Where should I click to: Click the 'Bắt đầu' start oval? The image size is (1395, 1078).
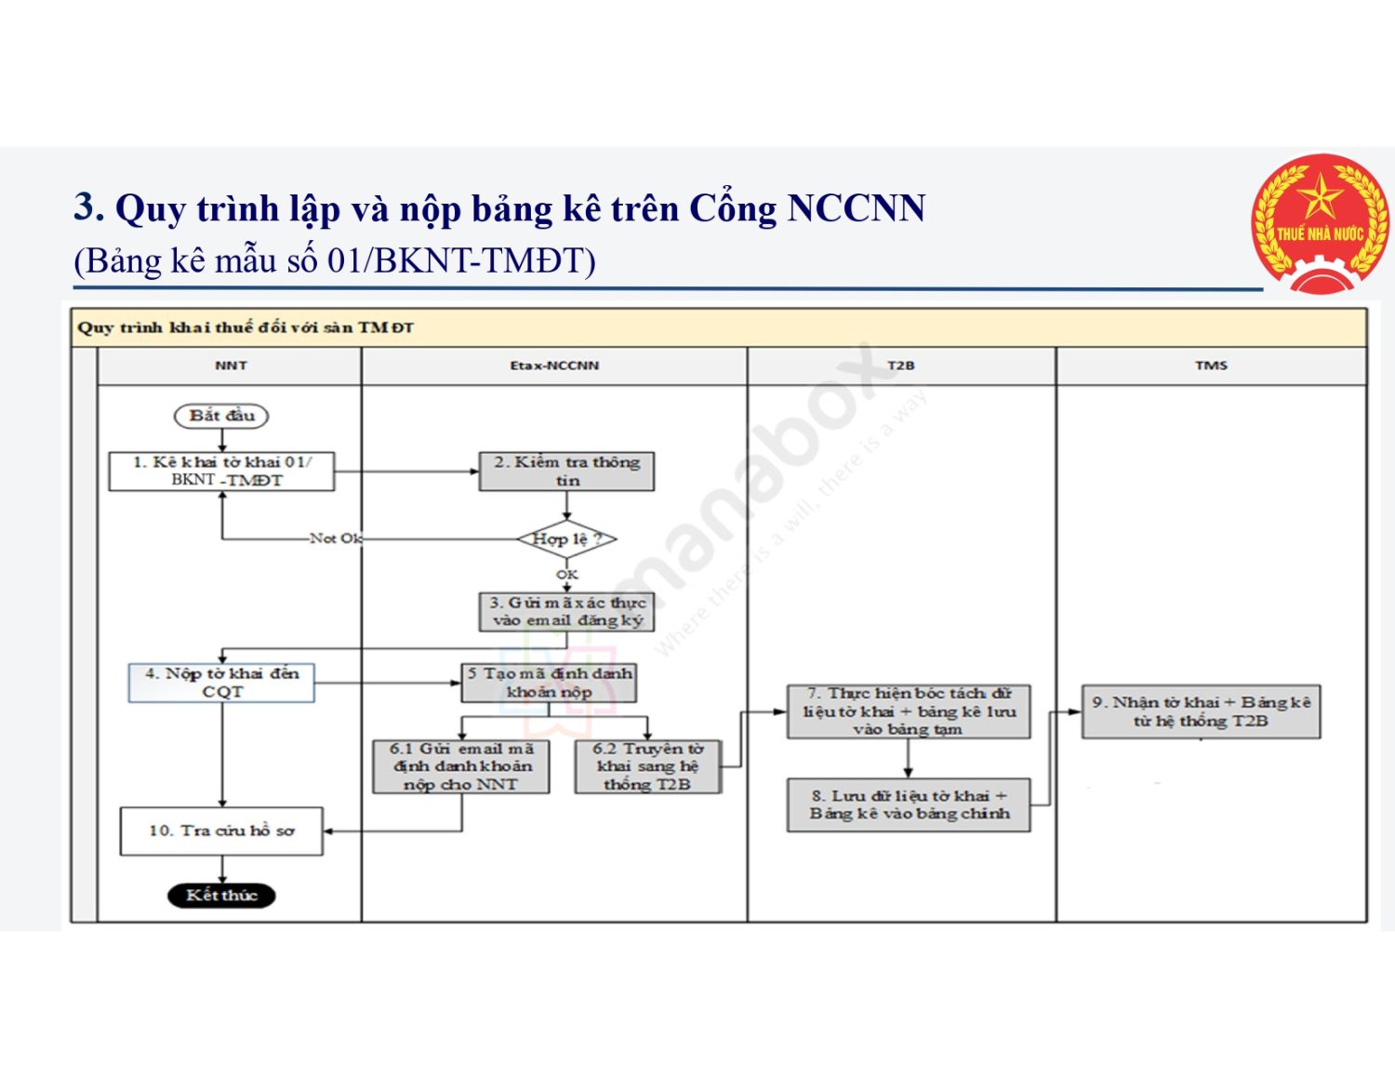pos(221,416)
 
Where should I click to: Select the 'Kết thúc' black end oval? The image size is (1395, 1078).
pos(221,895)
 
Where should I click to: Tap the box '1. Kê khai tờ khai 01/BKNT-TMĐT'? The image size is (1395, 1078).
pos(221,472)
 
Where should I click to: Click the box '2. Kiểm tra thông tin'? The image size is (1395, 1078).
pos(566,472)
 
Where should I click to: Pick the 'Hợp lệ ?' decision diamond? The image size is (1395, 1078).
pos(566,539)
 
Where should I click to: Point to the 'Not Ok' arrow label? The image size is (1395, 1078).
pos(336,539)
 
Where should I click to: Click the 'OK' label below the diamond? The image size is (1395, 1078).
pos(566,575)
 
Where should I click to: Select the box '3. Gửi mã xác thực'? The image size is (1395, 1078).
pos(566,611)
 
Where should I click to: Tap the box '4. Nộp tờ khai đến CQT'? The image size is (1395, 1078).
pos(221,683)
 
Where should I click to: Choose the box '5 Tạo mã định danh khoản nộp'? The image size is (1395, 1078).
pos(550,683)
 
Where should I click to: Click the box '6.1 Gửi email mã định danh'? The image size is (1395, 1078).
pos(461,766)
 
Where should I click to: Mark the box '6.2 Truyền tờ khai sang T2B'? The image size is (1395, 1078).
pos(647,766)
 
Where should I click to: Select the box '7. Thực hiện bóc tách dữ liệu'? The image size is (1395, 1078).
pos(908,712)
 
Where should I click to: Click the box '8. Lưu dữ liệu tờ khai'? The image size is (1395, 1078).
pos(908,805)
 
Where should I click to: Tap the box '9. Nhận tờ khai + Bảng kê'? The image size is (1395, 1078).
pos(1201,712)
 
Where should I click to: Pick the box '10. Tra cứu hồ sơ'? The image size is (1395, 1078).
pos(221,831)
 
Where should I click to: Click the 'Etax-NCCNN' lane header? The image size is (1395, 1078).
pos(554,366)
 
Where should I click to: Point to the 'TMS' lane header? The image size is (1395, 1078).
pos(1211,366)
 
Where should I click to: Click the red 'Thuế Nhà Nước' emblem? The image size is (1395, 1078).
pos(1321,224)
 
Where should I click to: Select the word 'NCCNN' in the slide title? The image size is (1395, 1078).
pos(856,208)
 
